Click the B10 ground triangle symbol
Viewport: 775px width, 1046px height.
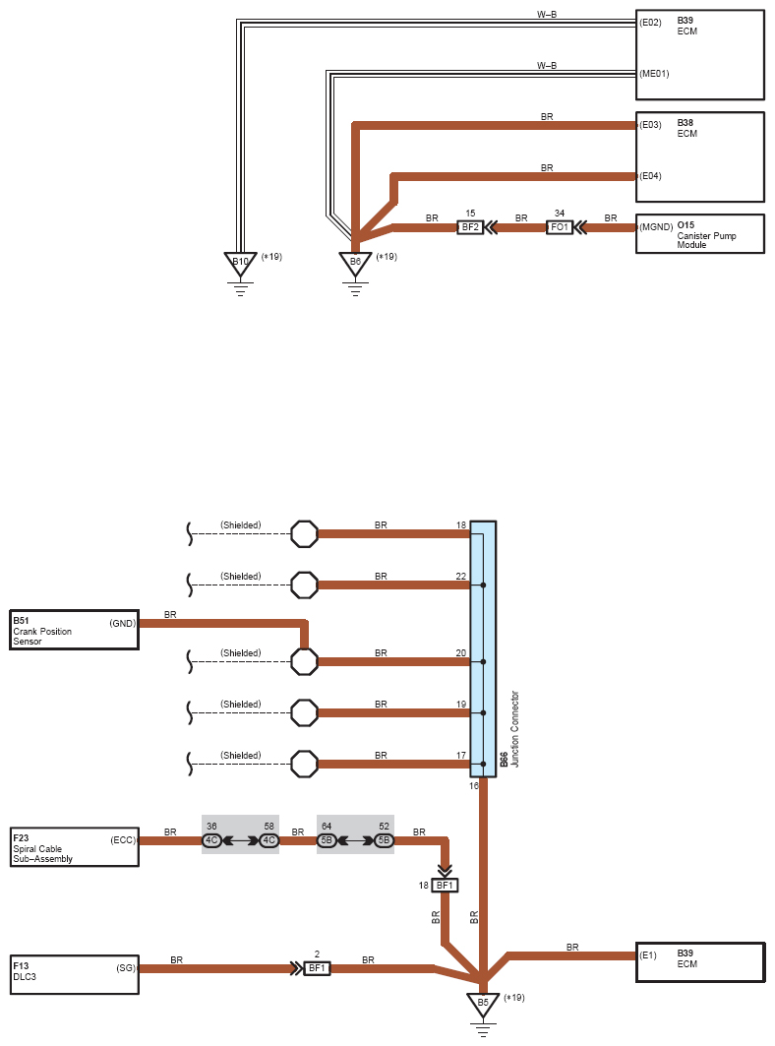click(x=240, y=264)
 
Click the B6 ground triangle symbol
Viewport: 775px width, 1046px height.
click(x=355, y=264)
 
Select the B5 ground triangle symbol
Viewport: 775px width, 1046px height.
click(x=483, y=1005)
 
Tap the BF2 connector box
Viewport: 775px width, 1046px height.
click(x=470, y=227)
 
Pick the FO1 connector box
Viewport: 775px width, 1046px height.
click(x=559, y=227)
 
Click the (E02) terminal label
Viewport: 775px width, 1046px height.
click(x=650, y=23)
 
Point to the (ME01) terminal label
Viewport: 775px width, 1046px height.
click(x=654, y=74)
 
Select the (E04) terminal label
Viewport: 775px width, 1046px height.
click(x=650, y=176)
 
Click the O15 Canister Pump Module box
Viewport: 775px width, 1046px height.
click(x=699, y=233)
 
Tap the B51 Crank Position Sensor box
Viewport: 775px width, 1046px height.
click(x=74, y=630)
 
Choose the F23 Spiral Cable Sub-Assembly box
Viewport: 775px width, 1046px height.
click(x=74, y=847)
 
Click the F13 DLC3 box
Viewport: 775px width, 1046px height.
click(x=74, y=974)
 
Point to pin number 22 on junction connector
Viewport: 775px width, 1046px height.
click(x=461, y=577)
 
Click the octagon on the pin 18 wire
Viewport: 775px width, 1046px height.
click(x=304, y=533)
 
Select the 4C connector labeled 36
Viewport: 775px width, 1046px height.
click(x=211, y=840)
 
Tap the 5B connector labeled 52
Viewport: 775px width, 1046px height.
click(x=384, y=840)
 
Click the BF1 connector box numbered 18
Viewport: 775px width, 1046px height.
click(x=445, y=886)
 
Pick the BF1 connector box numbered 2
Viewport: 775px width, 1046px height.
click(x=317, y=968)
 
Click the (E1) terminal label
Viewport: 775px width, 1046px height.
click(x=647, y=955)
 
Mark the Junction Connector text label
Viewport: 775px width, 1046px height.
click(x=514, y=728)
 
